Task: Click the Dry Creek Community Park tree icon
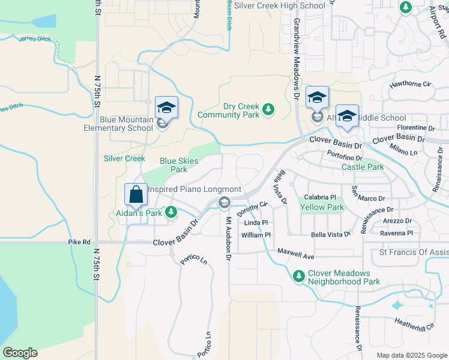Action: point(268,109)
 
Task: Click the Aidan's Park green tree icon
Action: point(171,212)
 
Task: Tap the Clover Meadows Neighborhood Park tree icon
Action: point(298,276)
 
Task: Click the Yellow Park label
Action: point(322,207)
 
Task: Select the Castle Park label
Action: point(363,167)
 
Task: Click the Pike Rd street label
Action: point(79,242)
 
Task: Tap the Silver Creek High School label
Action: point(279,5)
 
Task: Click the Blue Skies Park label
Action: point(179,165)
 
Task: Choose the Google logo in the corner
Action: point(20,353)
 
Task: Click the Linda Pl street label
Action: point(256,223)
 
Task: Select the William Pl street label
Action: point(256,235)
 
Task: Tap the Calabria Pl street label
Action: point(320,197)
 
